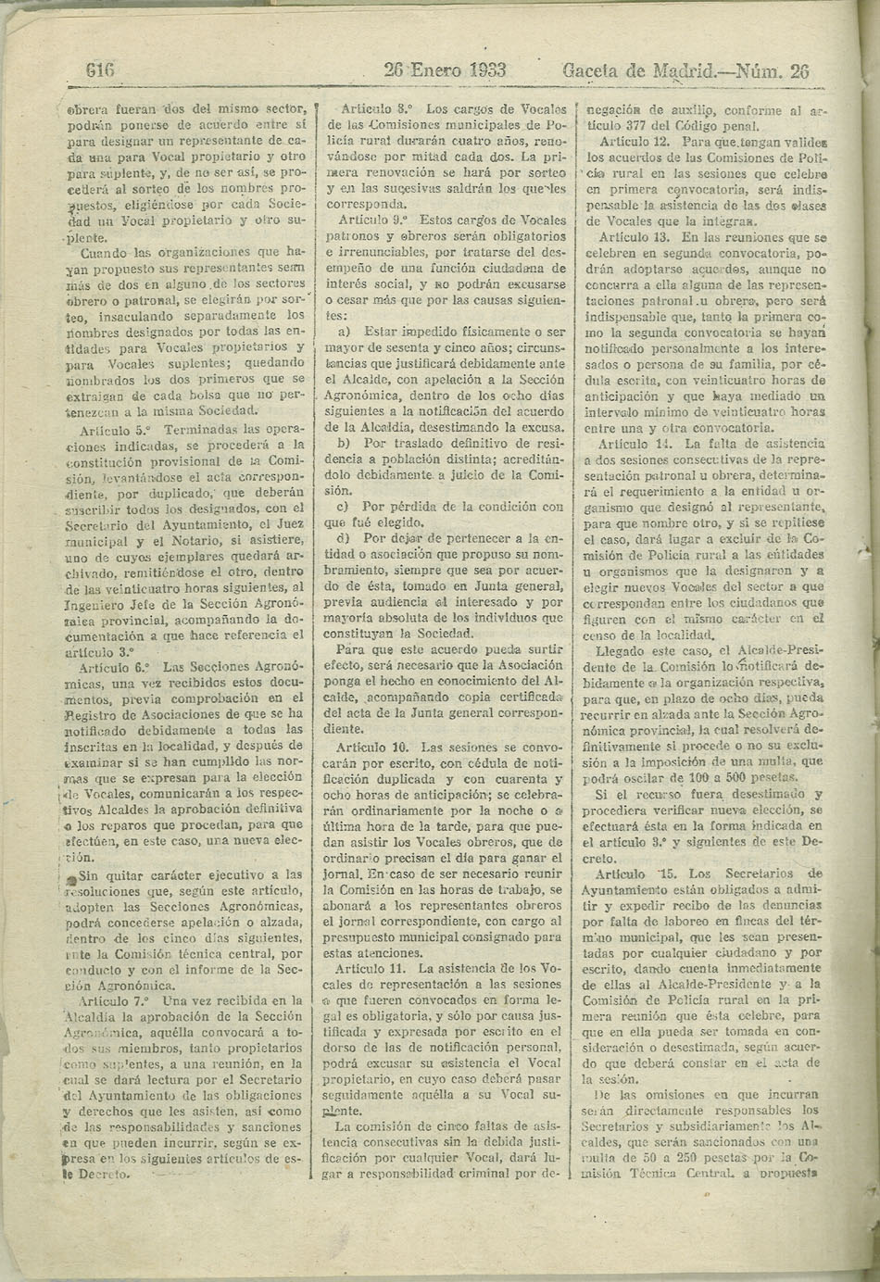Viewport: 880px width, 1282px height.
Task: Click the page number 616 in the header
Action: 99,70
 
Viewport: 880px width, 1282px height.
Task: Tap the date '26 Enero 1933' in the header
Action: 445,70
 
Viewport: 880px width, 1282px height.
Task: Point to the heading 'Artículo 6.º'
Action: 116,667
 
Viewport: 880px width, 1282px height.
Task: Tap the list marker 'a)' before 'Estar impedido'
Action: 344,332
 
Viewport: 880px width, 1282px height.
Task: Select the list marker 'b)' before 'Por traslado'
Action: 344,444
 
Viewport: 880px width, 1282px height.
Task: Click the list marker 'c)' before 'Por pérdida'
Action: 343,507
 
